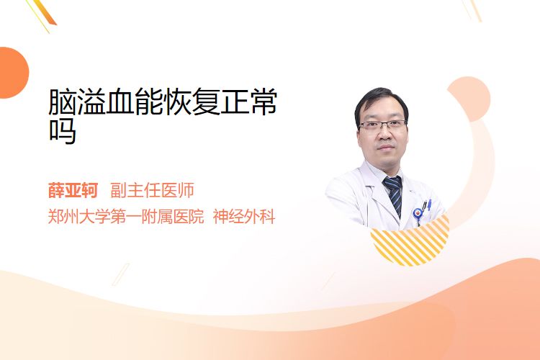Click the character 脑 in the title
pos(63,102)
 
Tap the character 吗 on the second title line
pos(63,130)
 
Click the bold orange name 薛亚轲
pos(73,190)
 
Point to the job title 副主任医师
pos(152,190)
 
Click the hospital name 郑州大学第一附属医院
pos(126,217)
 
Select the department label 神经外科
pos(244,217)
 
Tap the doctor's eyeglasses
pos(382,125)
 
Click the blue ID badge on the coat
pos(418,214)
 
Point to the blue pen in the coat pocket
pos(429,204)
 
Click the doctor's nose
pos(384,134)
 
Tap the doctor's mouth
pos(386,148)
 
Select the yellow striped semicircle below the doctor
pos(410,241)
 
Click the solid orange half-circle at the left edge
pos(13,73)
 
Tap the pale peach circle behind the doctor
pos(469,99)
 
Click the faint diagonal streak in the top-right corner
pos(472,9)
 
